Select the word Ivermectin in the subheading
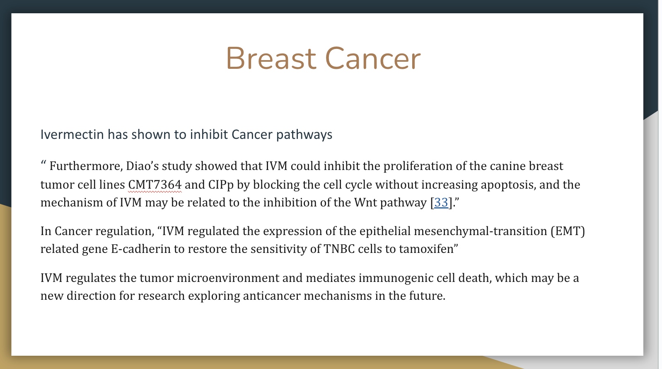(x=72, y=134)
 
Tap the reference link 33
(x=441, y=203)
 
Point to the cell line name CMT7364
(x=155, y=185)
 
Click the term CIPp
(x=221, y=185)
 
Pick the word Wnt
(x=365, y=203)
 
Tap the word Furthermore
(x=86, y=166)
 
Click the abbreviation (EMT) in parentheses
(x=568, y=231)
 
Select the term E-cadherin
(x=141, y=249)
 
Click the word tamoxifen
(x=426, y=249)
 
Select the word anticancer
(x=272, y=296)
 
